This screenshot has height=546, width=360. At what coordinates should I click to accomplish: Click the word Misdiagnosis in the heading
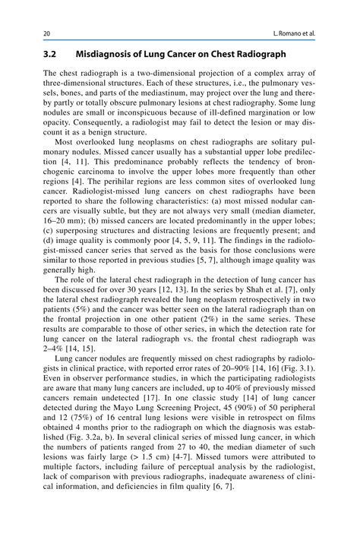coord(110,55)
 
